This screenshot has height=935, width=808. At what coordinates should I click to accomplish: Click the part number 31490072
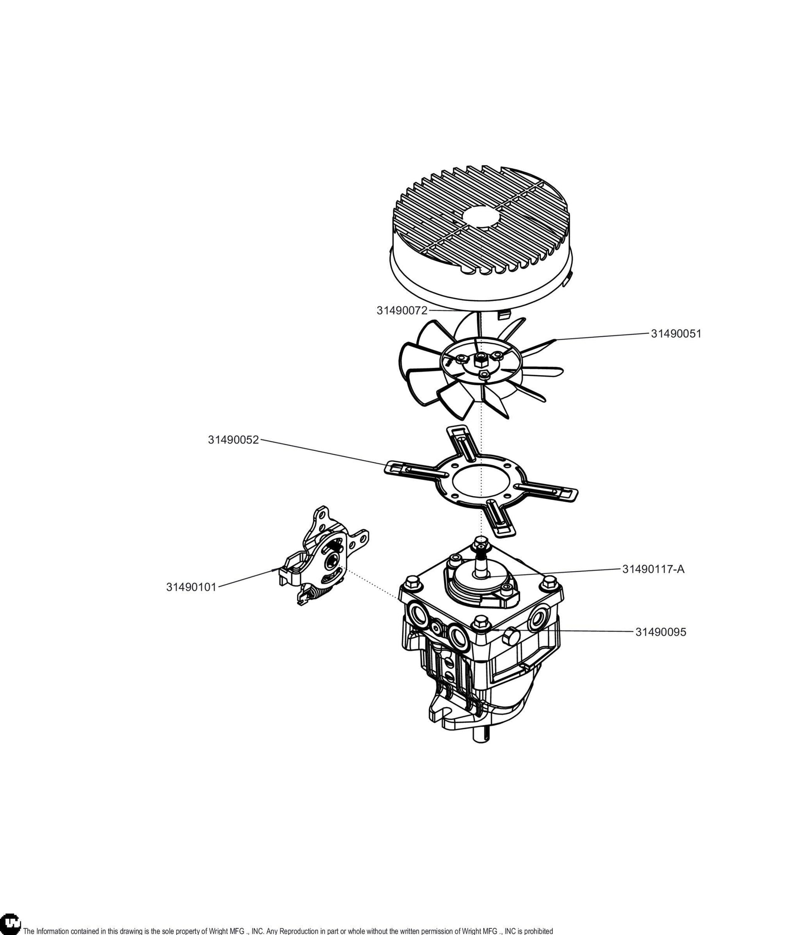click(402, 311)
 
